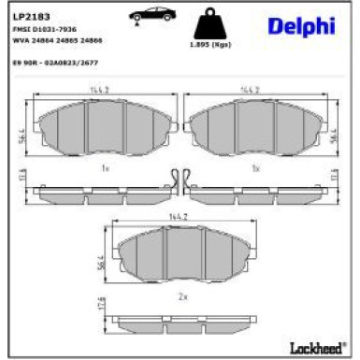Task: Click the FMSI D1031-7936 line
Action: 45,30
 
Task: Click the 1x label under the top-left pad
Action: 104,168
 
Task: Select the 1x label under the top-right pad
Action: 255,168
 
